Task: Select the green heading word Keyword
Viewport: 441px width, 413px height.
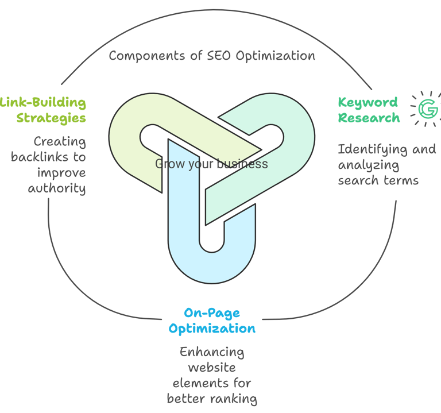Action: [x=367, y=103]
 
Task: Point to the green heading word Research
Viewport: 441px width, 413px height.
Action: [x=369, y=118]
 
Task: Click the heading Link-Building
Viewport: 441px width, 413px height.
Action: [x=43, y=103]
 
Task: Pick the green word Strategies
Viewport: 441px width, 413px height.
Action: [x=51, y=118]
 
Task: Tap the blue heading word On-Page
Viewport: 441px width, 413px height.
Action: [x=211, y=314]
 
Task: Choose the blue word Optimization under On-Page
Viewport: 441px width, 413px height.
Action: [x=211, y=329]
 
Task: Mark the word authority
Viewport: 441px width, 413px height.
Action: [x=57, y=188]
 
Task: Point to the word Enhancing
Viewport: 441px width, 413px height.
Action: [x=211, y=352]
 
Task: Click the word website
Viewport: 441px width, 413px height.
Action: [x=211, y=367]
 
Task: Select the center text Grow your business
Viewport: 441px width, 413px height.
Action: [x=211, y=164]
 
